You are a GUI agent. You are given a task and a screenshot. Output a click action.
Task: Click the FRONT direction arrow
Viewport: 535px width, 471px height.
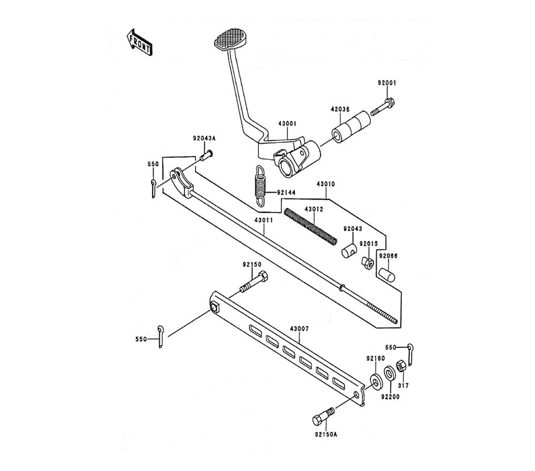pyautogui.click(x=139, y=42)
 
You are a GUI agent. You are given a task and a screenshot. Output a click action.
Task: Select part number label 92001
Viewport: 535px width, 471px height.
pyautogui.click(x=387, y=83)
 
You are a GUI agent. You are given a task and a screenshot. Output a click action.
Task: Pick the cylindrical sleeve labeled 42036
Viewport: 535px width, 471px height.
pyautogui.click(x=348, y=126)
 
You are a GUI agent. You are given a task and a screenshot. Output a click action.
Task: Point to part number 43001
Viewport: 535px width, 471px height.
pyautogui.click(x=287, y=123)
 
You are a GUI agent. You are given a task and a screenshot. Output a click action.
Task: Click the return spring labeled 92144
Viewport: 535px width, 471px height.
pyautogui.click(x=260, y=185)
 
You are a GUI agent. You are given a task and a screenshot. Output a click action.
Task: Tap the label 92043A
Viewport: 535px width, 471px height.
pyautogui.click(x=204, y=138)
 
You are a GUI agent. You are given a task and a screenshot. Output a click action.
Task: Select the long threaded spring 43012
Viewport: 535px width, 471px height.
pyautogui.click(x=311, y=227)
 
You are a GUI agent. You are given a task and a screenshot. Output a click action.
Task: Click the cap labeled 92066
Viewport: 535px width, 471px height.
pyautogui.click(x=386, y=274)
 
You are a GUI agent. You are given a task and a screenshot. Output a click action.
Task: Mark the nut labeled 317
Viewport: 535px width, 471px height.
pyautogui.click(x=400, y=369)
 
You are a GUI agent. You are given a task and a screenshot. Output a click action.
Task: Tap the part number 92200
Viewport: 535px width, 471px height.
pyautogui.click(x=391, y=397)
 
